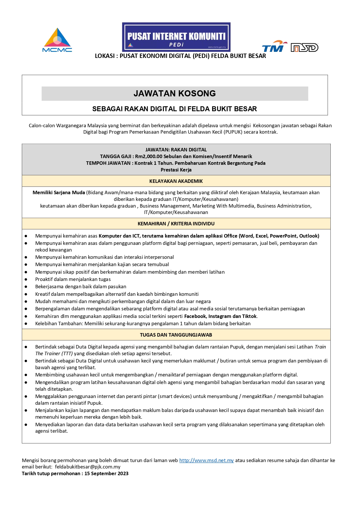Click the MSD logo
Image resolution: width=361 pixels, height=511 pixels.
point(304,47)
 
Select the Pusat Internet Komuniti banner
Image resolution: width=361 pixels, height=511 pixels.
point(176,37)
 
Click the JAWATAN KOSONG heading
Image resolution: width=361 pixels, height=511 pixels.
point(175,93)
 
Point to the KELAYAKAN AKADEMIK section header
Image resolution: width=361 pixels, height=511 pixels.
point(176,181)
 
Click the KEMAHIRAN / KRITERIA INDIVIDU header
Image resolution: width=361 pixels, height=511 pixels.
point(176,224)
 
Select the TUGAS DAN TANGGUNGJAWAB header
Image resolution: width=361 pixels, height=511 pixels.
point(176,335)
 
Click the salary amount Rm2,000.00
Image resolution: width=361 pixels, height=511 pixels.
point(148,156)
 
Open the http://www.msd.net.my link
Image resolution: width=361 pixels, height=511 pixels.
point(206,460)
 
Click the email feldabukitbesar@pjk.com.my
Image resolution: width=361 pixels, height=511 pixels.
point(88,467)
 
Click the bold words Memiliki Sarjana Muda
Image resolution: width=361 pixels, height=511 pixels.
point(59,192)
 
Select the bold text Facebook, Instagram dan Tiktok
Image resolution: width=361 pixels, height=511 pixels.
point(220,316)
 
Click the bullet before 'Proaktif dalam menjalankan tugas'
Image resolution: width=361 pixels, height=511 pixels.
point(26,280)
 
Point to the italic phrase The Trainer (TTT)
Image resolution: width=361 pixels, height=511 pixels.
point(54,353)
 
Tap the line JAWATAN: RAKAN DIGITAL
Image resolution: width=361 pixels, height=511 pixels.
point(176,150)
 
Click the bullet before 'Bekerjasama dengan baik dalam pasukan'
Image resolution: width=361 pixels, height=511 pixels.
point(26,287)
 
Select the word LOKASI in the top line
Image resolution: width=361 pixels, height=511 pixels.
point(105,56)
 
